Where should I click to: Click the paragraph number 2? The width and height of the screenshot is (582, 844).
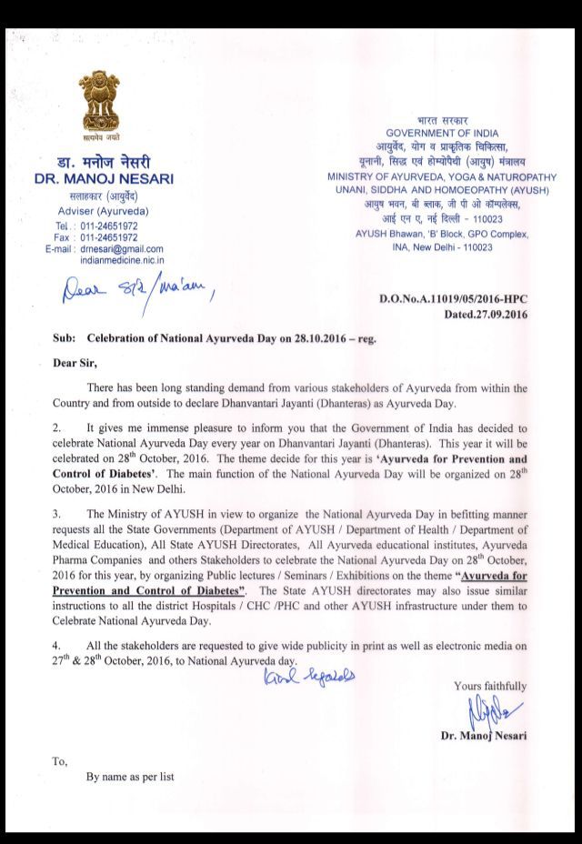click(56, 427)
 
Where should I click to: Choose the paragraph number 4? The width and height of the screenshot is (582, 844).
click(56, 645)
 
